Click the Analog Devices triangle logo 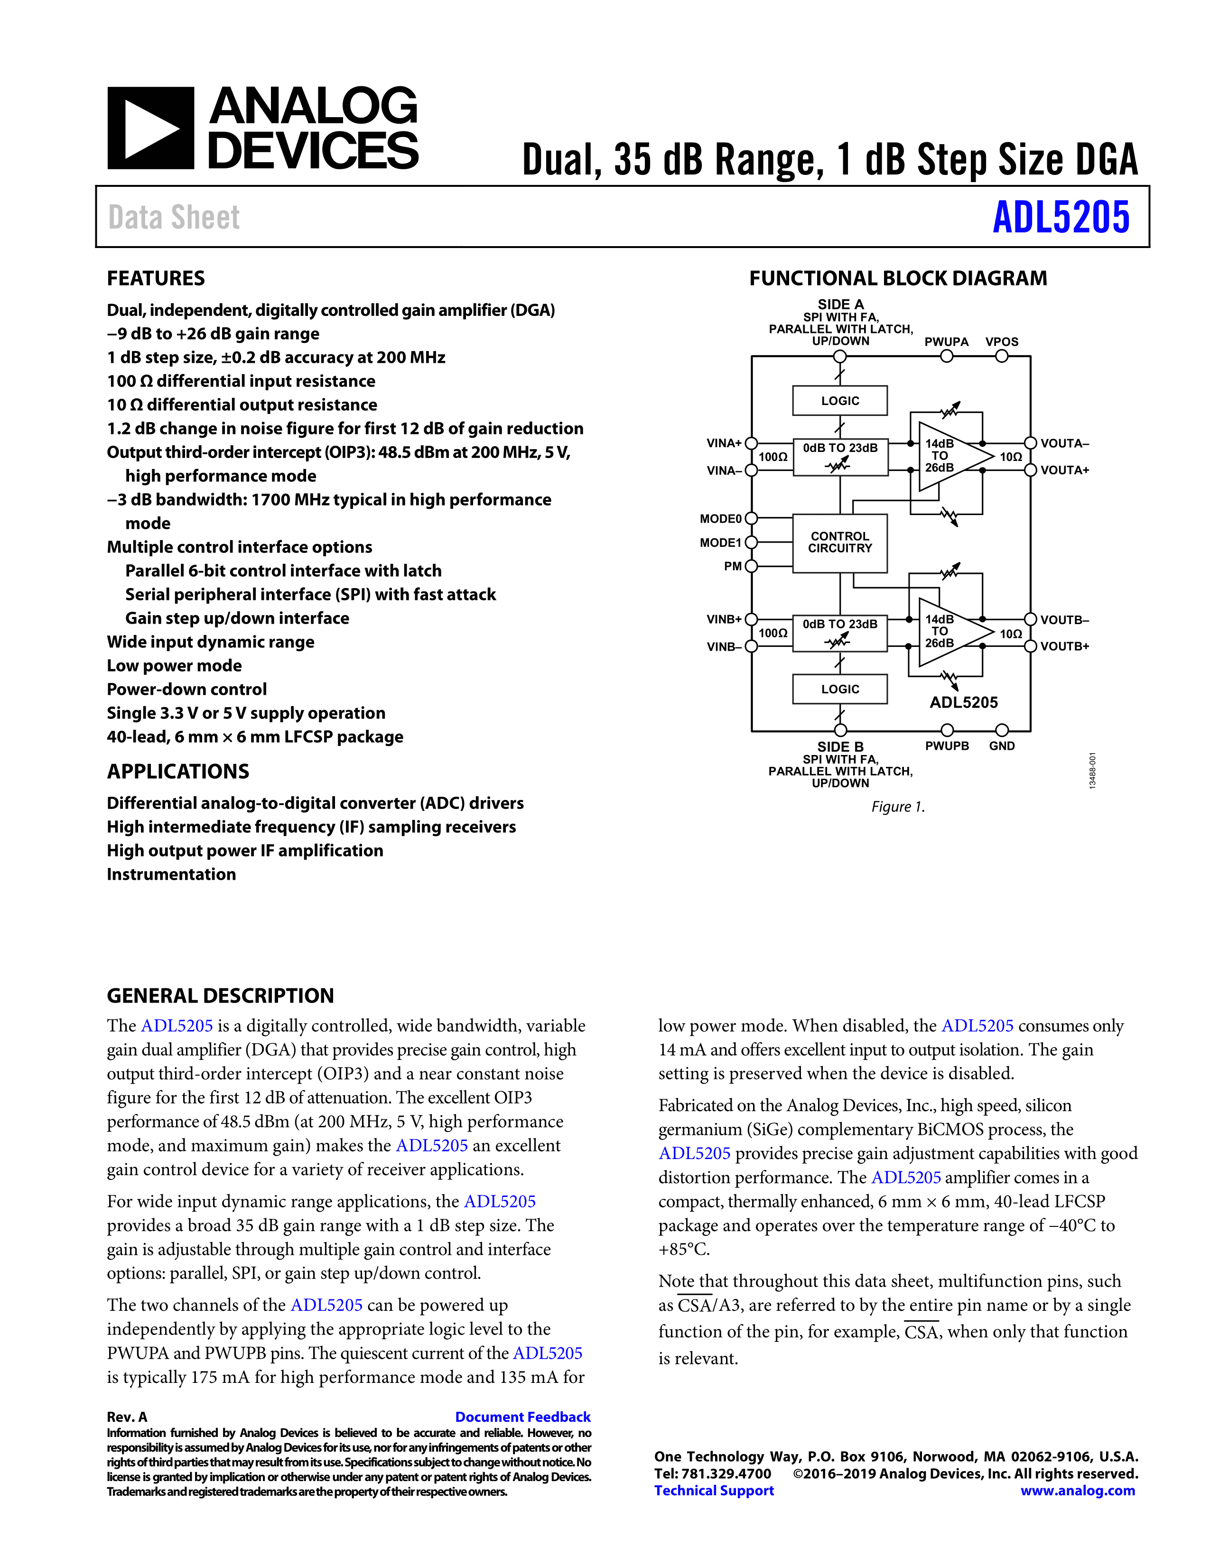tap(150, 128)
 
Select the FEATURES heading tap(156, 278)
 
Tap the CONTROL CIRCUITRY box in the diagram tap(839, 543)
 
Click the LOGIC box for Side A tap(839, 401)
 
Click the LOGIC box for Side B tap(839, 689)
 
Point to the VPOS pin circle tap(1001, 356)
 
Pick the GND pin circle tap(1001, 730)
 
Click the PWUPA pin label tap(946, 342)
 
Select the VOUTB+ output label tap(1064, 646)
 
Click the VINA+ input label tap(723, 443)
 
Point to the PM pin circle tap(751, 566)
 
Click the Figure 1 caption tap(897, 807)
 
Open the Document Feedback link tap(522, 1417)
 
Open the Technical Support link tap(714, 1491)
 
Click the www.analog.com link tap(1078, 1491)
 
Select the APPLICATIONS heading tap(178, 771)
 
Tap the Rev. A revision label tap(127, 1417)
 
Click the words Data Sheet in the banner tap(174, 218)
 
